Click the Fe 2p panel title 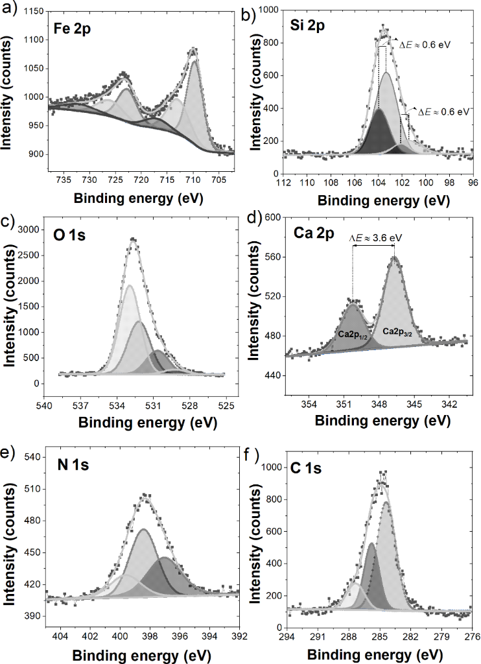point(71,29)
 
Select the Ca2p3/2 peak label point(398,331)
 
